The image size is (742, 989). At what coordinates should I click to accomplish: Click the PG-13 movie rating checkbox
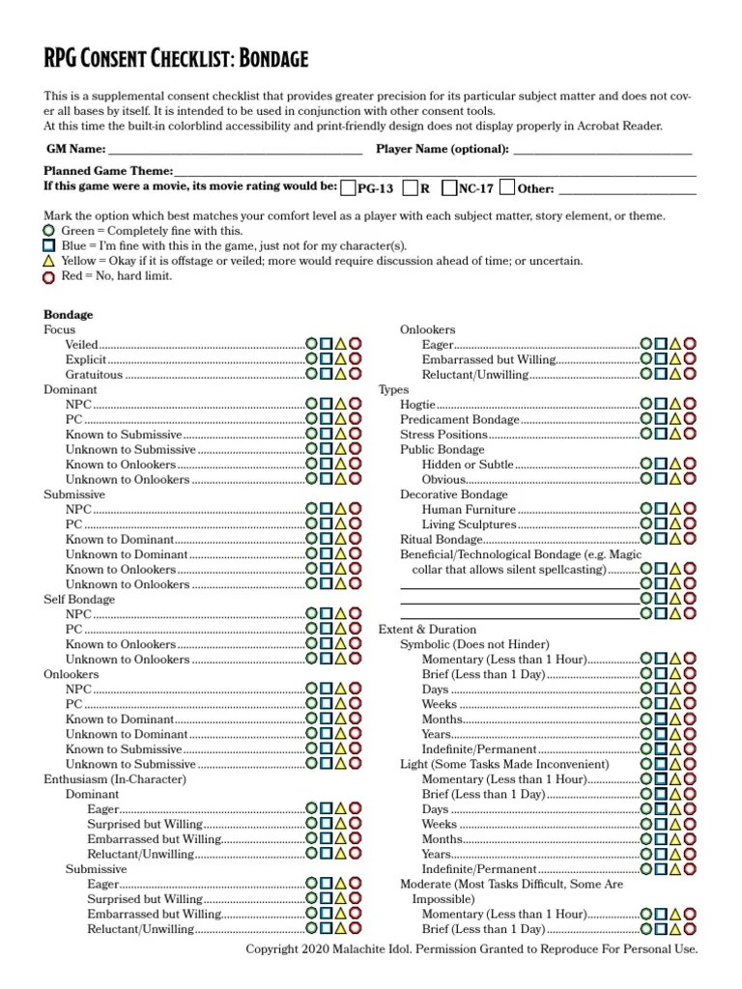[x=349, y=187]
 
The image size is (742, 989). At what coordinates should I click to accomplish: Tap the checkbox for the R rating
[x=411, y=187]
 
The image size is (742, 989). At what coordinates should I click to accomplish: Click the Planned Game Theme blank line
[x=436, y=173]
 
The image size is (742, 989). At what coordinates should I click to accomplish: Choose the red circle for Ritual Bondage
[x=690, y=539]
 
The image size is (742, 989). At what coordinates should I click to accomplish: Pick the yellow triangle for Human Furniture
[x=675, y=509]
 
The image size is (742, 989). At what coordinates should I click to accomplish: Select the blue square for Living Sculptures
[x=660, y=524]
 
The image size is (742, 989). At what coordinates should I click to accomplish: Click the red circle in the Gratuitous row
[x=356, y=374]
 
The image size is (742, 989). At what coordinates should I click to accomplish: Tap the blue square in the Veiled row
[x=327, y=344]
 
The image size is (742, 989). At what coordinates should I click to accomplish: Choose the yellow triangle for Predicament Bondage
[x=675, y=420]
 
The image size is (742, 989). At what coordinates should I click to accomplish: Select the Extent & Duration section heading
[x=427, y=629]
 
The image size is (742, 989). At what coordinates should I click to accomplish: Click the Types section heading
[x=393, y=389]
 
